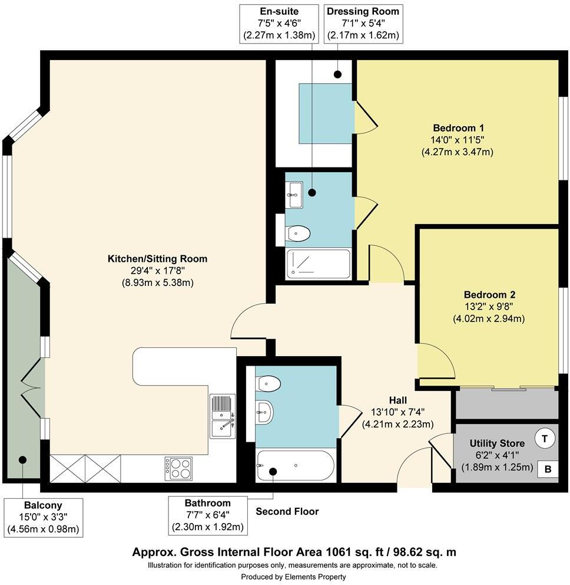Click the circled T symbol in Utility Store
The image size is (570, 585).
(545, 439)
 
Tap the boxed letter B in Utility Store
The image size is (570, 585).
(547, 469)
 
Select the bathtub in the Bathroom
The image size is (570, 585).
(296, 466)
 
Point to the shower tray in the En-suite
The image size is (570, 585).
(318, 264)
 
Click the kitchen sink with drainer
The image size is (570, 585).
(223, 416)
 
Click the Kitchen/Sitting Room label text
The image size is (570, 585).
(157, 259)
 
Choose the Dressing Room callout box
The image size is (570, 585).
(363, 24)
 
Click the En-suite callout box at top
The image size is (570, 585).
(279, 24)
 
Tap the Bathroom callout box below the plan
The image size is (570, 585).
(207, 515)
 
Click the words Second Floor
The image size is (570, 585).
(287, 511)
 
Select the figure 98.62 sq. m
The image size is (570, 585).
(422, 553)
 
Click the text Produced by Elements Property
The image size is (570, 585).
(294, 576)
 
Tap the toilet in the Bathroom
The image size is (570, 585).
(269, 383)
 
